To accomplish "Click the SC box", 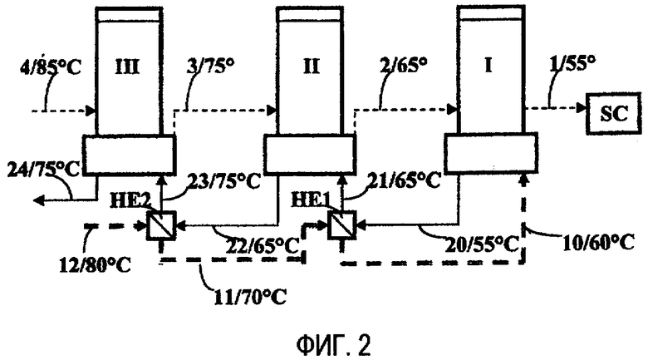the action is pos(614,114).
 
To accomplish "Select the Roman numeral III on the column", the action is pos(127,67).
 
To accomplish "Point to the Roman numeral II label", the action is pos(311,67).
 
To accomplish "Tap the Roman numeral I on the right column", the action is pos(488,66).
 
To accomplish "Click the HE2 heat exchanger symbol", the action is pos(162,225).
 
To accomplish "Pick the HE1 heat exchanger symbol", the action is pos(341,225).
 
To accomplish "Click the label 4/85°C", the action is pos(51,67).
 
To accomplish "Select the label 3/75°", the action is pos(211,66).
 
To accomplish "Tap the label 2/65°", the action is pos(403,65).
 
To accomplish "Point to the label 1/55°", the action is pos(572,64).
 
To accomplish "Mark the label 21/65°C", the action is pos(404,180).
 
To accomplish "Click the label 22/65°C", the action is pos(263,246).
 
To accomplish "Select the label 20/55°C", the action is pos(482,244).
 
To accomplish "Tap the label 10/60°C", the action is pos(598,243).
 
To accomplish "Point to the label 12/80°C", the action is pos(95,264).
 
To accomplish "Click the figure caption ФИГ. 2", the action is pos(334,346).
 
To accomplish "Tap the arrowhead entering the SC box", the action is pos(582,107).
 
